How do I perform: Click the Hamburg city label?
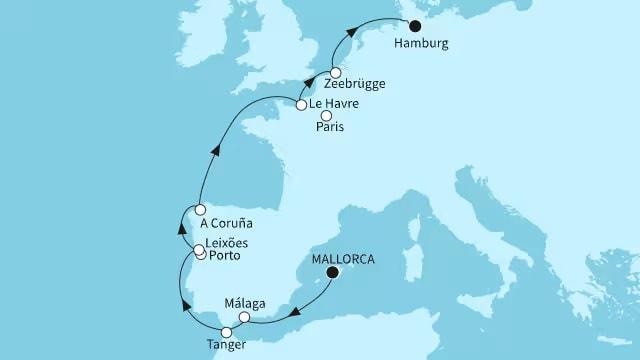[x=422, y=44]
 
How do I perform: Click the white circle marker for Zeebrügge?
[x=337, y=72]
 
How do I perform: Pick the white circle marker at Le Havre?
[x=301, y=104]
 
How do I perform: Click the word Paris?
[x=330, y=129]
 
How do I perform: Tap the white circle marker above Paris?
[x=326, y=116]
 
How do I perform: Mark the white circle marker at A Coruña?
[x=200, y=210]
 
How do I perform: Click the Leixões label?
[x=228, y=245]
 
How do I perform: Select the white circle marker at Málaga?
[x=245, y=318]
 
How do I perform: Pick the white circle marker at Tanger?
[x=227, y=331]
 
